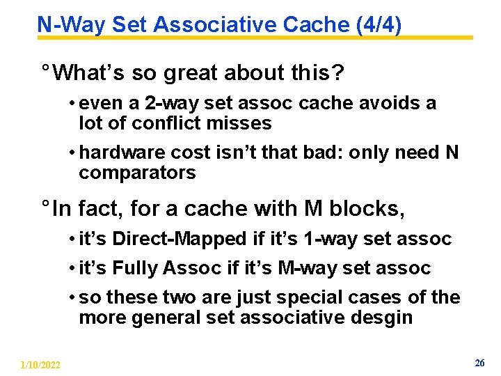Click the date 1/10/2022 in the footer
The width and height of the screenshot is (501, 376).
click(41, 365)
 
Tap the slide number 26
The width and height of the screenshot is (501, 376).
click(479, 363)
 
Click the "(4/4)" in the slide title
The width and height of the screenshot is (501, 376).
click(378, 25)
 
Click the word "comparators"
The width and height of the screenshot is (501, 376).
click(138, 173)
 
